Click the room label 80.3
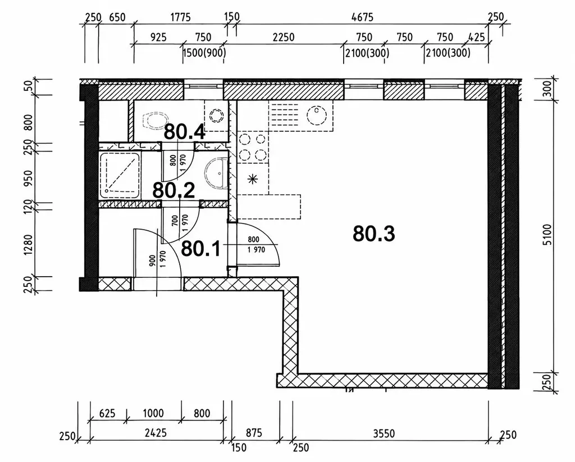point(373,234)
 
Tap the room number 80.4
point(184,131)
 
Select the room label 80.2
point(174,190)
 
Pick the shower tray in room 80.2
point(120,175)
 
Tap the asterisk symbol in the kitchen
point(253,179)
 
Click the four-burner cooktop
point(253,148)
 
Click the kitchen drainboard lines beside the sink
point(284,115)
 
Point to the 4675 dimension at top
point(362,17)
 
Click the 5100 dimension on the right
point(546,235)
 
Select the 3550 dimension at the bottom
point(384,434)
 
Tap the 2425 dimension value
point(156,433)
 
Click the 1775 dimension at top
point(180,17)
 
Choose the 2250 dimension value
point(284,37)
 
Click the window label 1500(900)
point(204,53)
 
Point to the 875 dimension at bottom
point(253,433)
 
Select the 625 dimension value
point(107,414)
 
